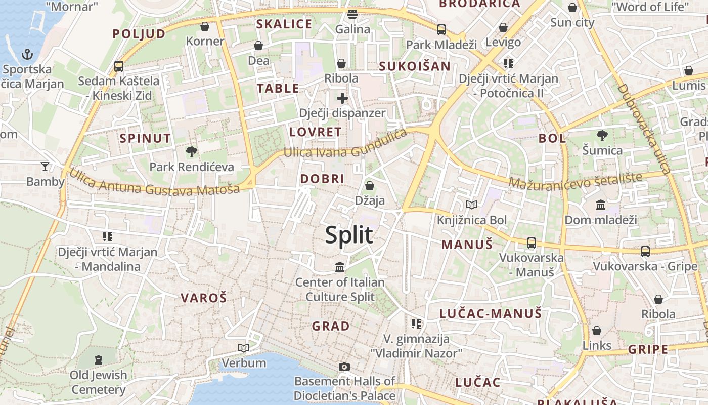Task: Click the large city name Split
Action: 349,235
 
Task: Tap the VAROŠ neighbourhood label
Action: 204,298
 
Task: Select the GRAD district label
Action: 331,326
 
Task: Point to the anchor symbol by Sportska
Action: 27,54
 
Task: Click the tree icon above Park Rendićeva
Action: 192,151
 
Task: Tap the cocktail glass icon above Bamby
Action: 45,166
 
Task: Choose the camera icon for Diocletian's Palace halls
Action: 344,367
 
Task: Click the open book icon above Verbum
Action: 244,348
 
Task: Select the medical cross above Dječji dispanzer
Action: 342,98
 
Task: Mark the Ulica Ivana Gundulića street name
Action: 345,146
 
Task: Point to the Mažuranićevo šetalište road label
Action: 576,181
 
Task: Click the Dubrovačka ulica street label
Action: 644,129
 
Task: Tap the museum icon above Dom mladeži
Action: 601,205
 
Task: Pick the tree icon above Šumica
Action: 602,136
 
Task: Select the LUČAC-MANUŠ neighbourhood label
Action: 491,313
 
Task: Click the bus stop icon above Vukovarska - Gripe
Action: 645,251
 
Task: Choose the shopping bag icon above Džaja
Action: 370,186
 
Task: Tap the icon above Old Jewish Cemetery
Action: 99,360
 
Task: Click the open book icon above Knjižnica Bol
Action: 471,205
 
